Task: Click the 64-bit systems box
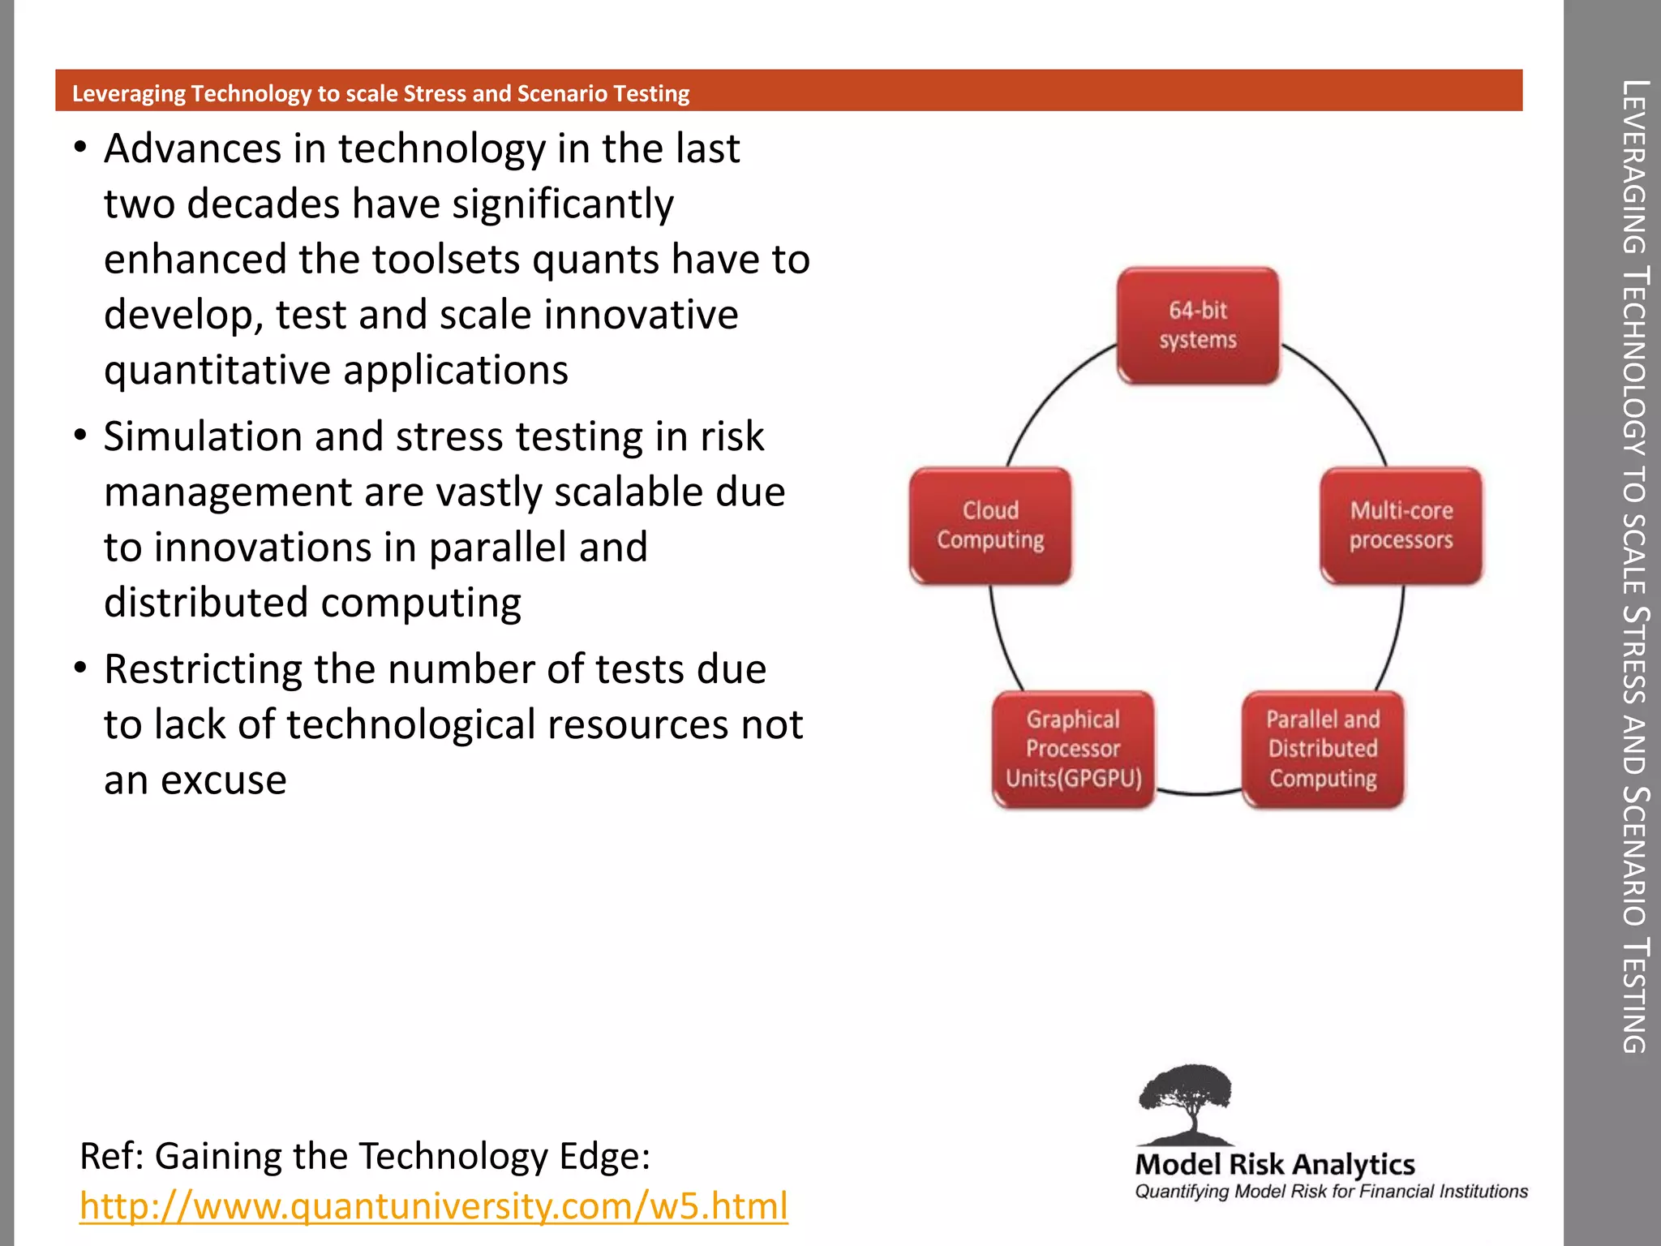click(x=1198, y=325)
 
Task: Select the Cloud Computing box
click(x=990, y=526)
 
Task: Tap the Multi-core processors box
click(x=1401, y=526)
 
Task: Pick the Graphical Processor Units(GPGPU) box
click(x=1073, y=750)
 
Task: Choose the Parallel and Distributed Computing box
click(x=1323, y=750)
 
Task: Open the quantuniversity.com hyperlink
click(x=433, y=1205)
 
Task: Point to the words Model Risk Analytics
click(x=1275, y=1165)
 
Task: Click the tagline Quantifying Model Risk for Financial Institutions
click(x=1331, y=1192)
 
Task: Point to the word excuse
click(x=224, y=781)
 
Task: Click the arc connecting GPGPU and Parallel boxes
click(x=1198, y=793)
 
